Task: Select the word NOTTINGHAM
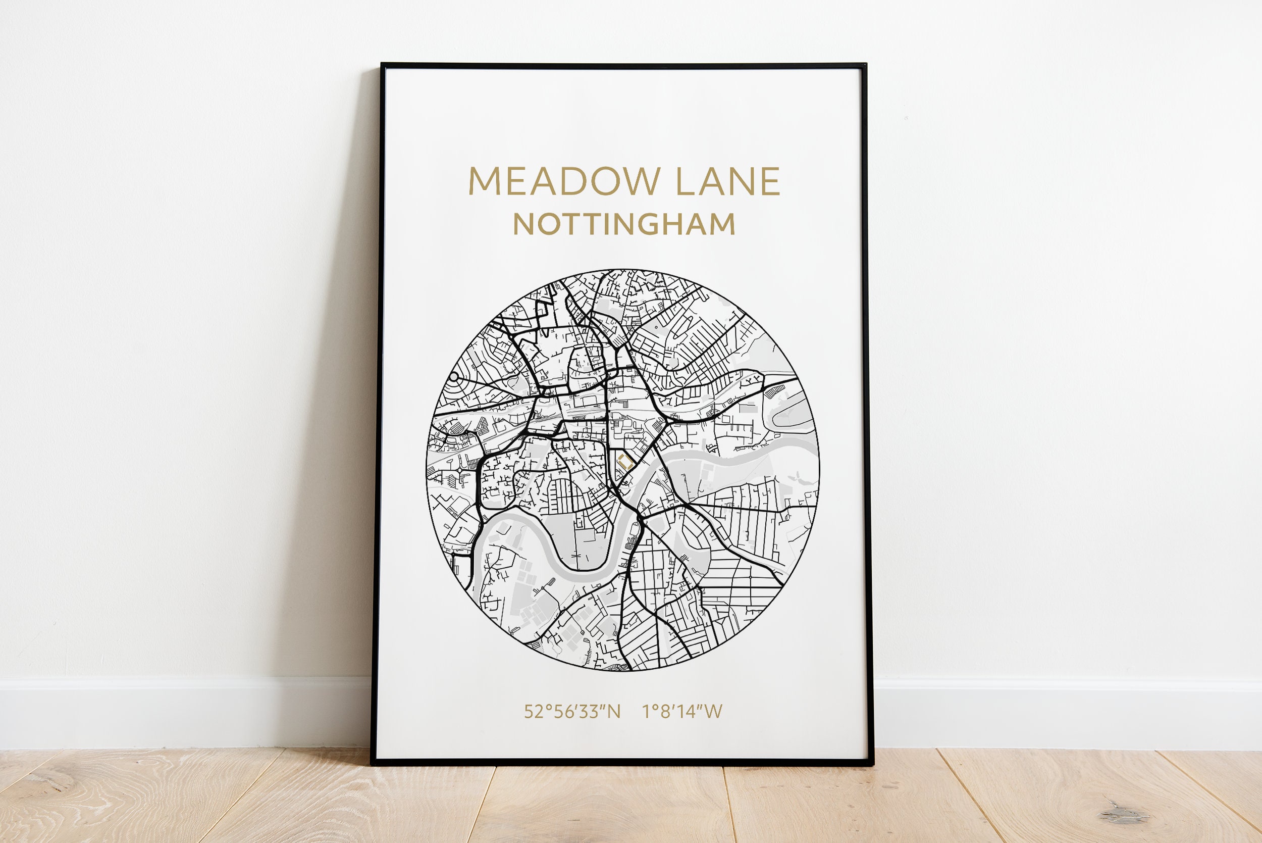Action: point(624,224)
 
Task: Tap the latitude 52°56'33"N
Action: point(572,712)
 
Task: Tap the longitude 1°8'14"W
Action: point(682,712)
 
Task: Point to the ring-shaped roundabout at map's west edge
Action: point(454,377)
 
